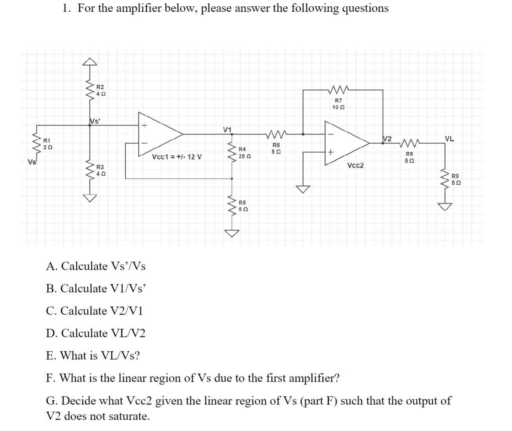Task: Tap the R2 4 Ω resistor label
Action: (x=101, y=90)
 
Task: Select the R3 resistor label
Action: (x=101, y=170)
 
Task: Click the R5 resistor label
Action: (x=242, y=206)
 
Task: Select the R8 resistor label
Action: (x=409, y=157)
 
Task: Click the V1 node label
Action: (x=227, y=129)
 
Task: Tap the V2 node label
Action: (x=387, y=138)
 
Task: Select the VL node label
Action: (x=449, y=138)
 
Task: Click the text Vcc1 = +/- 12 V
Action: (x=177, y=157)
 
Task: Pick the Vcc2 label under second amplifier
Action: (x=355, y=165)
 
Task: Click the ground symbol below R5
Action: (x=232, y=233)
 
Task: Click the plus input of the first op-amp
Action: (x=144, y=126)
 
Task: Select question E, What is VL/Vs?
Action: (x=93, y=356)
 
